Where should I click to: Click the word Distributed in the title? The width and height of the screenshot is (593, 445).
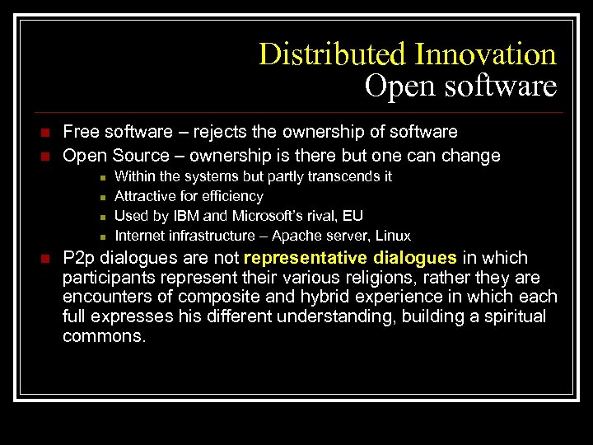coord(333,54)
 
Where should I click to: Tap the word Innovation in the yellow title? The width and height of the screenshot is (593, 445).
coord(485,54)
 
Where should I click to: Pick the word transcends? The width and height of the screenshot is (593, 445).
coord(338,176)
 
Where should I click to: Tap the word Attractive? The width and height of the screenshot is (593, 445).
coord(145,196)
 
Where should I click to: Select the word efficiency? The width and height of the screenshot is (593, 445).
coord(233,196)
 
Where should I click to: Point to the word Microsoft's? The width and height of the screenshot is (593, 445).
coord(267,216)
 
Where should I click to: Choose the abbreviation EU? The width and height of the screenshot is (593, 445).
coord(353,216)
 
